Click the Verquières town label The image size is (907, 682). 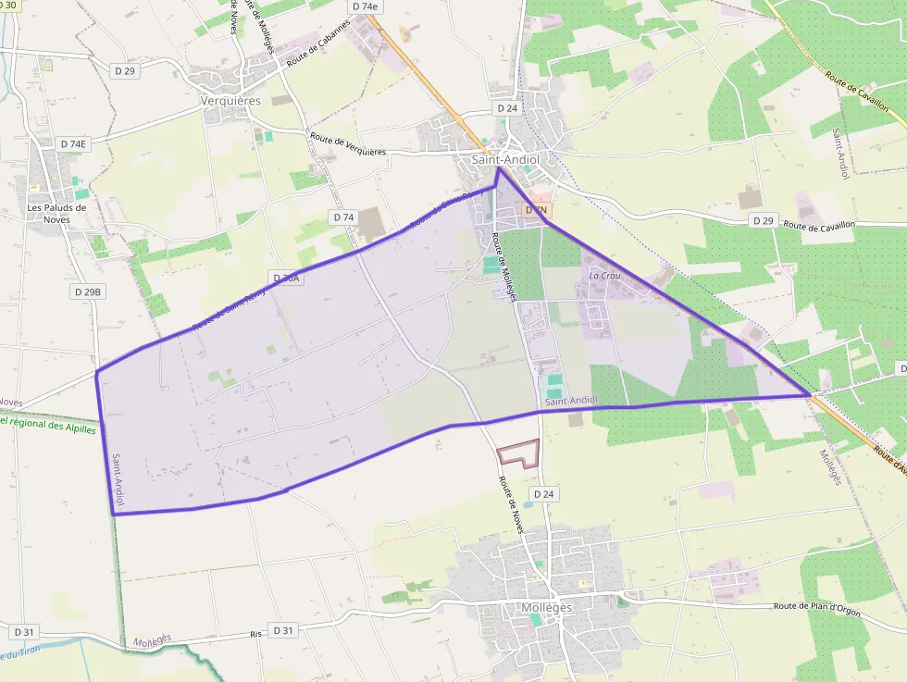[x=230, y=100]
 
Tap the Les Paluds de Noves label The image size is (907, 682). [x=56, y=214]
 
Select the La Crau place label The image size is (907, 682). [x=604, y=276]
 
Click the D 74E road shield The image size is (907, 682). [x=74, y=143]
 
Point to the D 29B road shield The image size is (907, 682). [x=87, y=291]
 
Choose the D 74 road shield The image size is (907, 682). [x=342, y=217]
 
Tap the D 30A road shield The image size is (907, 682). [x=287, y=278]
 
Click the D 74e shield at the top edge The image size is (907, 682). [x=365, y=6]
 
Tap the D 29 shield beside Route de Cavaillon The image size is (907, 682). [x=763, y=220]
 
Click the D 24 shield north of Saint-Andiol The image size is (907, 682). [x=506, y=108]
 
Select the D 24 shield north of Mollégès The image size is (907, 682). [x=544, y=494]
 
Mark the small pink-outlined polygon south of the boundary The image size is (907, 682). [x=519, y=453]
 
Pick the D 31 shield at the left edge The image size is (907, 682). [x=24, y=632]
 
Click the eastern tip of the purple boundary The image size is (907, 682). [x=811, y=395]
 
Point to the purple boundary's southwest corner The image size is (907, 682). [x=113, y=514]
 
